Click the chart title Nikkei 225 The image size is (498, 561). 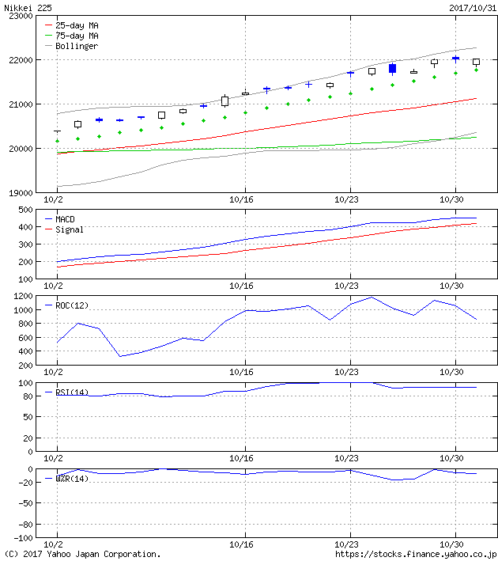coord(27,7)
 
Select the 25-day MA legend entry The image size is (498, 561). coord(77,25)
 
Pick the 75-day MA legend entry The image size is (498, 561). coord(77,36)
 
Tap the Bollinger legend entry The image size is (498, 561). coord(77,46)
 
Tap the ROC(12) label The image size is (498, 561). coord(72,305)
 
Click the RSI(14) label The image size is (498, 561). coord(72,392)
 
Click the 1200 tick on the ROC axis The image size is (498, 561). coord(20,296)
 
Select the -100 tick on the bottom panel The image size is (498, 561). coord(20,542)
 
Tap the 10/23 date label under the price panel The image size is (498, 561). coord(348,201)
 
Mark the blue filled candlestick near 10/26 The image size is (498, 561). coord(392,69)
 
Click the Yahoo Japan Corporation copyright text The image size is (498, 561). coord(82,555)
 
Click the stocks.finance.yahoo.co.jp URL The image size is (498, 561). coord(416,555)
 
